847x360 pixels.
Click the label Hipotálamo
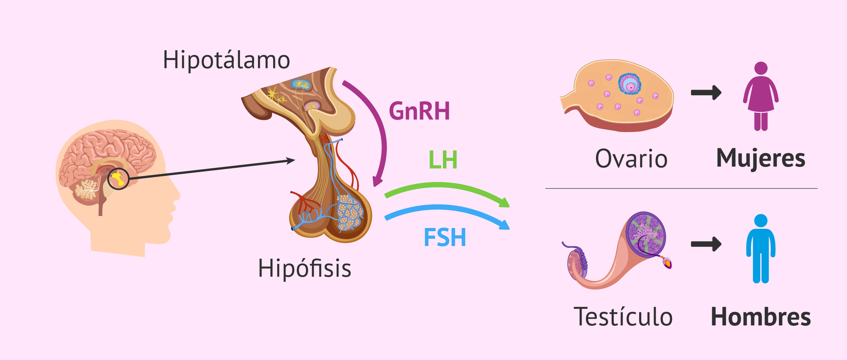coord(226,60)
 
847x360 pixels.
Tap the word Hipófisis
coord(305,268)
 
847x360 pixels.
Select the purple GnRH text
coord(419,111)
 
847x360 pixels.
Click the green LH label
coord(443,160)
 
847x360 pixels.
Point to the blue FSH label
coord(445,237)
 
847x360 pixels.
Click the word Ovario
coord(631,158)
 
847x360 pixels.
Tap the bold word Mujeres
coord(761,158)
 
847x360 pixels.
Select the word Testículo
coord(623,317)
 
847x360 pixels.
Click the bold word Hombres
coord(761,317)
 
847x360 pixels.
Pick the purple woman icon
coord(761,96)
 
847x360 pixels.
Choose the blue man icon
coord(761,248)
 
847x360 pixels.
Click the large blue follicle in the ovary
coord(630,84)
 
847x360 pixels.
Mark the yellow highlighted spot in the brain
coord(118,179)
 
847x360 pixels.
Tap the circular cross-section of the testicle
coord(645,234)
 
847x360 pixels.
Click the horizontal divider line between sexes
coord(681,188)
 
